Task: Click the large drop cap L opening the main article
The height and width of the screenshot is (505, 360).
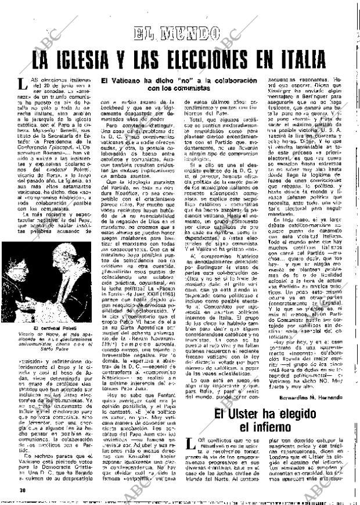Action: pos(21,85)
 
